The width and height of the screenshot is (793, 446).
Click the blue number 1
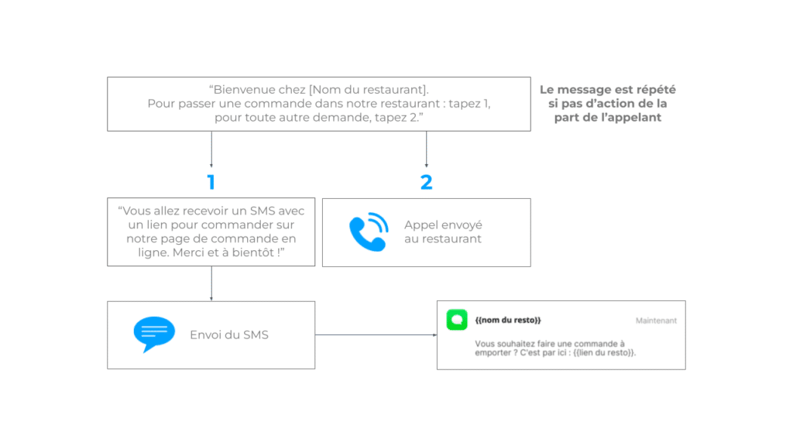pyautogui.click(x=211, y=183)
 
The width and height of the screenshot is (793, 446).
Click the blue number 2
pyautogui.click(x=426, y=183)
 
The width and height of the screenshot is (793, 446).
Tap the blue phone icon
pyautogui.click(x=368, y=232)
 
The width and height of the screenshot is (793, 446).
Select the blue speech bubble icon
pyautogui.click(x=153, y=334)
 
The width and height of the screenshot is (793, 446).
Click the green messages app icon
pyautogui.click(x=456, y=320)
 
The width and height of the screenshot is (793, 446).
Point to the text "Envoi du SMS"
pyautogui.click(x=229, y=335)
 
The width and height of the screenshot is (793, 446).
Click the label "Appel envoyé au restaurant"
pyautogui.click(x=443, y=232)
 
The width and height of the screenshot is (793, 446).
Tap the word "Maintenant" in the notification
pyautogui.click(x=656, y=321)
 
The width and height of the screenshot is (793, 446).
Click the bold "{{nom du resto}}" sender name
pyautogui.click(x=508, y=320)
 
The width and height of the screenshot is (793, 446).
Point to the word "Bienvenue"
pyautogui.click(x=239, y=90)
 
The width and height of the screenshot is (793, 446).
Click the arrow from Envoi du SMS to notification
pyautogui.click(x=376, y=335)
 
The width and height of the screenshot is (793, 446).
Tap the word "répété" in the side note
pyautogui.click(x=656, y=90)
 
